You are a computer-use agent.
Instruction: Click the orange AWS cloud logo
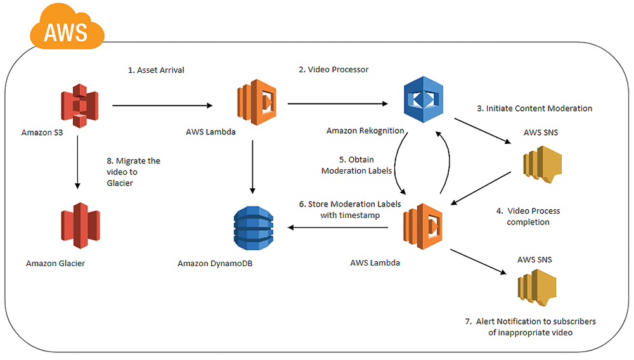point(67,27)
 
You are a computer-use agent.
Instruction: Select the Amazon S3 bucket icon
point(80,106)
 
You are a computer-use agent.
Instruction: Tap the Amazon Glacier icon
point(81,225)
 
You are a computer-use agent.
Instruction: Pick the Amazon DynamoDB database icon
point(254,228)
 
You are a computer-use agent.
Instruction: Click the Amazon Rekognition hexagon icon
point(424,100)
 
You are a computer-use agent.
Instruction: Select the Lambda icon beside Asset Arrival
point(257,102)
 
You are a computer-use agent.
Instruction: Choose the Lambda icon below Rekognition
point(423,226)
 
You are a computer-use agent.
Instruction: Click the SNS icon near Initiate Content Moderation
point(542,164)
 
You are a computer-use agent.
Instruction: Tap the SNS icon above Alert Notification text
point(537,288)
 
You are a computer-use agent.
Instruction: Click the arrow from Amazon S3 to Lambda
point(162,105)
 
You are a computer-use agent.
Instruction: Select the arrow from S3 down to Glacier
point(77,162)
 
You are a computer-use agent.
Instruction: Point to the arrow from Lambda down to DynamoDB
point(253,167)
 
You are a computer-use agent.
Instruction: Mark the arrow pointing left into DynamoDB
point(338,228)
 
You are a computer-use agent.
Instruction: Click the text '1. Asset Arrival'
point(156,70)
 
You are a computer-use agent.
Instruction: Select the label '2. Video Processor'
point(333,70)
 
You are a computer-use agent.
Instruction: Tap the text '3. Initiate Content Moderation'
point(534,108)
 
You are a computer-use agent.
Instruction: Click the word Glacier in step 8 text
point(120,183)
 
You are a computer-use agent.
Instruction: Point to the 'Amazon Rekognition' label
point(365,131)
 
